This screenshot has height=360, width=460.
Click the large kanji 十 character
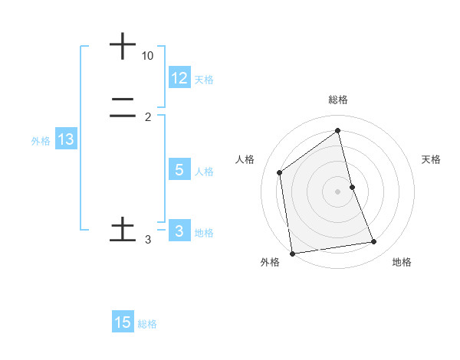coord(123,46)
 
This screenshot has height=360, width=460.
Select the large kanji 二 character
coord(123,109)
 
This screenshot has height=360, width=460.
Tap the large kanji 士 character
coord(123,230)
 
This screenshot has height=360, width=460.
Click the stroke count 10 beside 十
coord(148,56)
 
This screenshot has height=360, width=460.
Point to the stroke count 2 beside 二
coord(148,116)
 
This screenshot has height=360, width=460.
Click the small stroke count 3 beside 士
coord(148,240)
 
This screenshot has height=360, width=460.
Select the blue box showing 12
coord(179,78)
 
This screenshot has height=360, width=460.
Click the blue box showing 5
coord(179,170)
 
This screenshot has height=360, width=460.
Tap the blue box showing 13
coord(66,139)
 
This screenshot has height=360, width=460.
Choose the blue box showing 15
coord(123,323)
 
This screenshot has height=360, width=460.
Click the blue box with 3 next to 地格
coord(179,231)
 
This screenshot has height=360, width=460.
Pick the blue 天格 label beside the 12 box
coord(204,79)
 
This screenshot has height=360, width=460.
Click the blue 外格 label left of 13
coord(41,140)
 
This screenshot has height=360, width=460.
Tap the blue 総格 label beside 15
coord(147,324)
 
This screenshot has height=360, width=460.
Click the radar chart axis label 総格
coord(338,100)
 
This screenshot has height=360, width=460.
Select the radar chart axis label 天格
coord(431,159)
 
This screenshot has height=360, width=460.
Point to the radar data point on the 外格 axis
coord(292,253)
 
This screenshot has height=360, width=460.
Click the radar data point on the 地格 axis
coord(374,242)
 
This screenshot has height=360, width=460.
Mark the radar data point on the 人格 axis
coord(280,172)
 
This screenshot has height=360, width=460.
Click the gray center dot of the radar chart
coord(338,191)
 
